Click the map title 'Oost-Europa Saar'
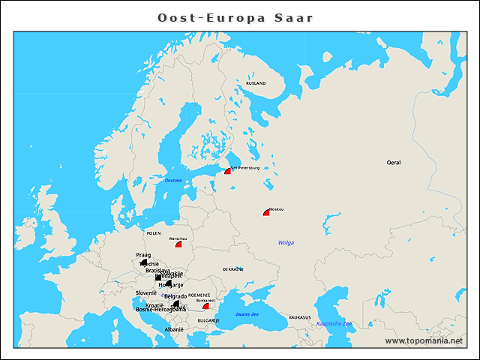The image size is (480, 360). (x=235, y=17)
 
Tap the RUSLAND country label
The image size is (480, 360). (x=256, y=83)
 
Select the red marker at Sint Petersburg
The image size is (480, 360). (x=227, y=172)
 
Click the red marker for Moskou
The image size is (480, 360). (x=266, y=213)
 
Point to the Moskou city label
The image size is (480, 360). (x=276, y=208)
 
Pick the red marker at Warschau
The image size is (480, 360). (x=178, y=244)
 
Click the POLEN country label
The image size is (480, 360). (x=154, y=233)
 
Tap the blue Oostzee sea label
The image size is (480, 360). (x=173, y=181)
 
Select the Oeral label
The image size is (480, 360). (x=394, y=162)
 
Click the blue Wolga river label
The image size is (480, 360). (x=286, y=242)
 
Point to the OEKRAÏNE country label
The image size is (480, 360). (x=232, y=268)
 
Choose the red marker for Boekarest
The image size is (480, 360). (x=205, y=306)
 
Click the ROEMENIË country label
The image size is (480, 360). (x=199, y=295)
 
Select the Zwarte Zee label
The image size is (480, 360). (x=247, y=313)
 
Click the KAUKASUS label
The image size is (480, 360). (x=299, y=317)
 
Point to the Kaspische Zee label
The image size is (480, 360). (x=334, y=323)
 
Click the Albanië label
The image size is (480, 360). (x=174, y=329)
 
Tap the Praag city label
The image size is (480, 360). (x=143, y=255)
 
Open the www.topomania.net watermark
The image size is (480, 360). (x=424, y=340)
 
